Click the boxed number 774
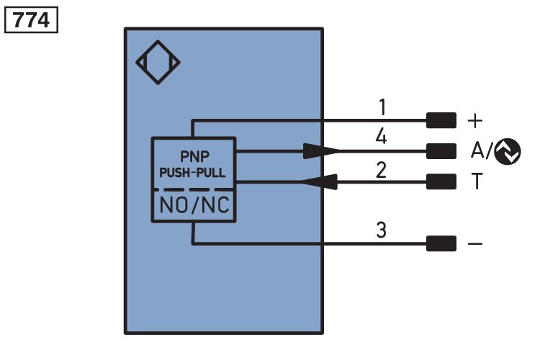pyautogui.click(x=32, y=20)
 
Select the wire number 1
pyautogui.click(x=383, y=108)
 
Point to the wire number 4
pyautogui.click(x=383, y=138)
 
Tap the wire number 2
pyautogui.click(x=383, y=170)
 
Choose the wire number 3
pyautogui.click(x=383, y=232)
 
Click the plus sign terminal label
pyautogui.click(x=475, y=120)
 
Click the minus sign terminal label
pyautogui.click(x=475, y=244)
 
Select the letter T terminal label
pyautogui.click(x=475, y=182)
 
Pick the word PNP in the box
pyautogui.click(x=193, y=156)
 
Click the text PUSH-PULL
pyautogui.click(x=193, y=173)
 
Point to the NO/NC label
pyautogui.click(x=193, y=206)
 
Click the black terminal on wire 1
pyautogui.click(x=441, y=120)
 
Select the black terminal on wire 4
pyautogui.click(x=441, y=150)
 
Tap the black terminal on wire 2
pyautogui.click(x=441, y=182)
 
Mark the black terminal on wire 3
pyautogui.click(x=441, y=244)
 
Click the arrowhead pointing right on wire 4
pyautogui.click(x=321, y=150)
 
